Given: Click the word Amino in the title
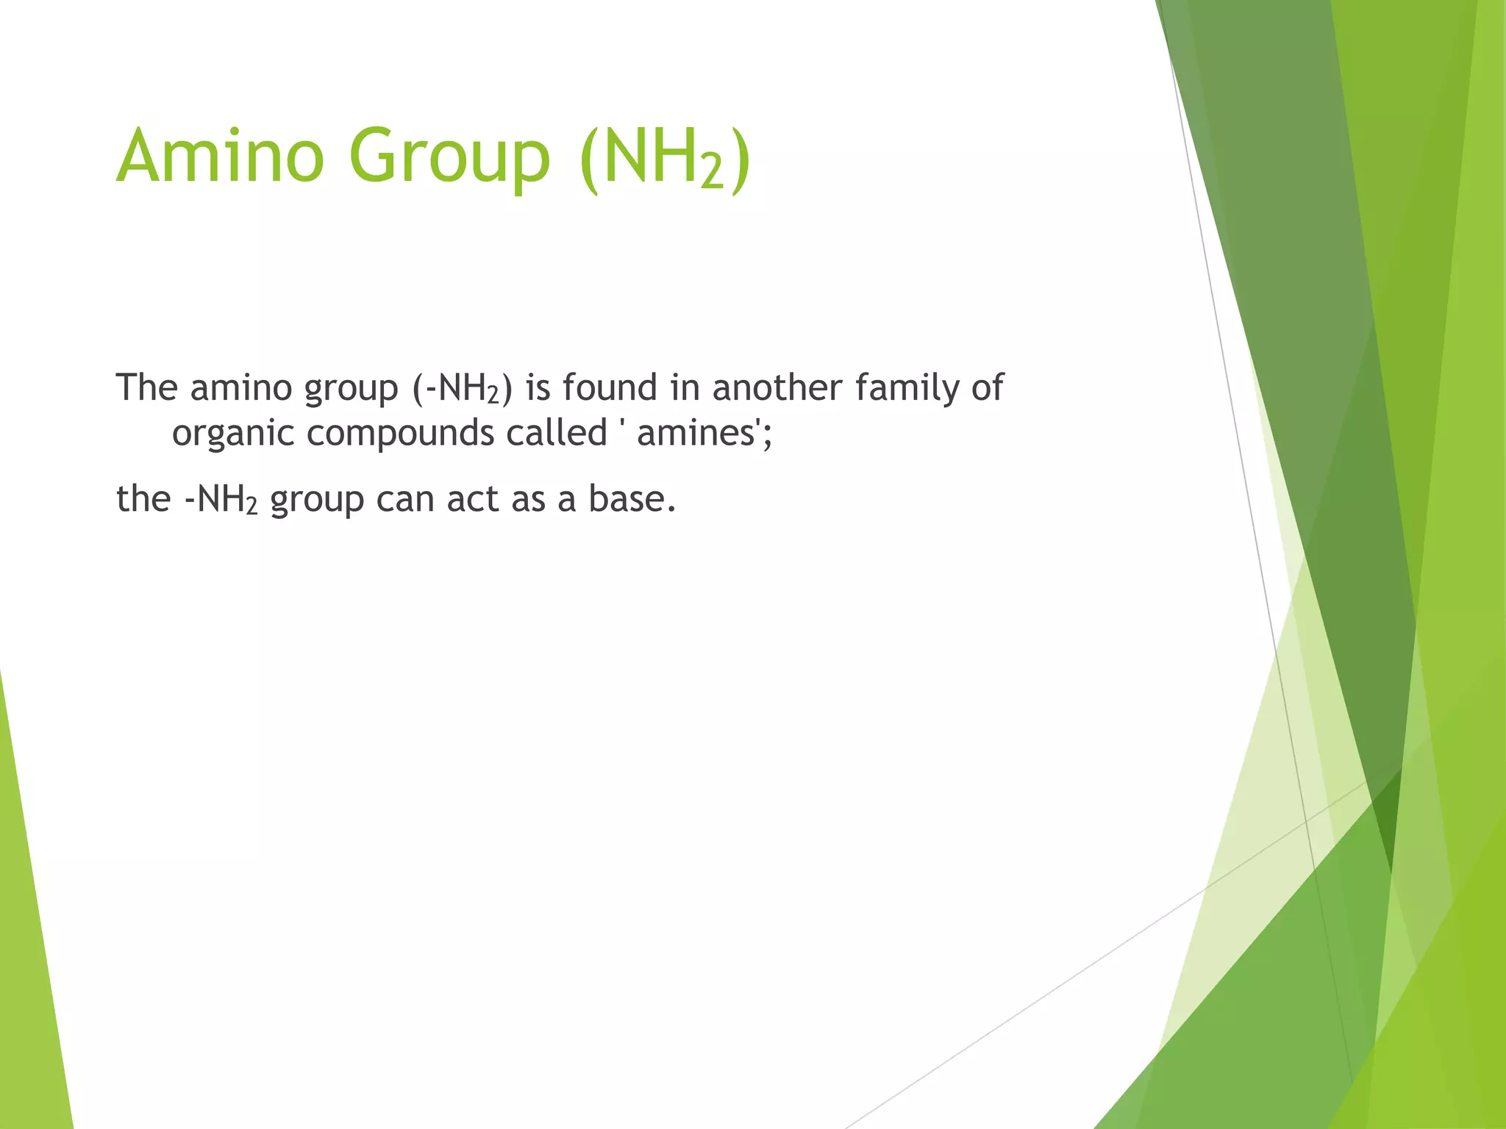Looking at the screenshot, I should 220,156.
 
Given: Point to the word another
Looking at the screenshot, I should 777,387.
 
